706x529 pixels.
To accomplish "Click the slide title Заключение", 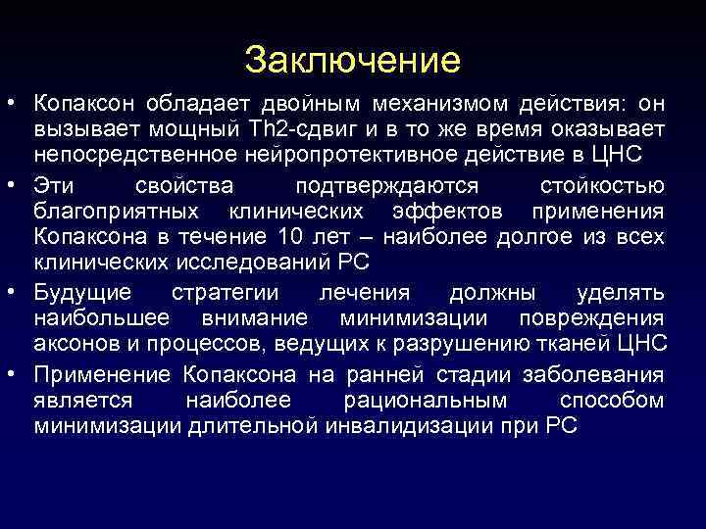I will pyautogui.click(x=353, y=60).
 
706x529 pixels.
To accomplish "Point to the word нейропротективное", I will pyautogui.click(x=368, y=157).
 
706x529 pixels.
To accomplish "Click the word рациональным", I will pyautogui.click(x=427, y=401).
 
